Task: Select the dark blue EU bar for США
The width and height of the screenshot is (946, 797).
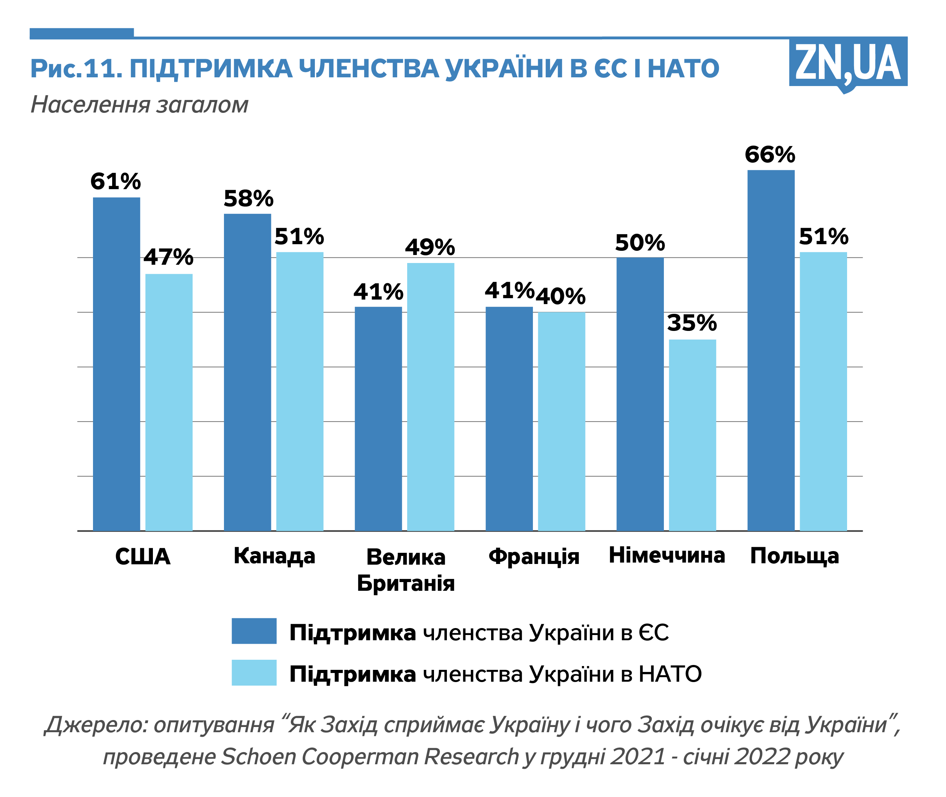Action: (x=117, y=364)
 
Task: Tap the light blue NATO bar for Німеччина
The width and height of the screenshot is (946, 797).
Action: (x=692, y=435)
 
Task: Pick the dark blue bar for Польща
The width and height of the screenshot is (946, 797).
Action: (x=771, y=350)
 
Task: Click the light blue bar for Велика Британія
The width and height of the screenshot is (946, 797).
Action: (x=430, y=396)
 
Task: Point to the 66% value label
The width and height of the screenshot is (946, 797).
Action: (x=770, y=155)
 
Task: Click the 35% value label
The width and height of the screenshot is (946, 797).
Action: (x=692, y=323)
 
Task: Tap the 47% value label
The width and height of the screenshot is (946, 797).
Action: (x=169, y=257)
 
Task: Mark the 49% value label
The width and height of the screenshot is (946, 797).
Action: (x=429, y=247)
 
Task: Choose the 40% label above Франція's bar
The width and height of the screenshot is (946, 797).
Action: (x=561, y=296)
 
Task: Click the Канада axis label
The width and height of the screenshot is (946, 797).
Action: (x=274, y=556)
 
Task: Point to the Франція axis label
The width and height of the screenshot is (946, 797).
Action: (x=534, y=556)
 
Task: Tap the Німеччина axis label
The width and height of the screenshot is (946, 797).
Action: (x=667, y=555)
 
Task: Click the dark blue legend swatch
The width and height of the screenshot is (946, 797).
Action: (x=254, y=631)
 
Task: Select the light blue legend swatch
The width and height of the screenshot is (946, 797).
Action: (x=254, y=673)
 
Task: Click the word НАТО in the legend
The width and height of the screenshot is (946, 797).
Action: (x=670, y=674)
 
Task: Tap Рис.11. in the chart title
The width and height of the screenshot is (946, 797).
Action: (x=76, y=69)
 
